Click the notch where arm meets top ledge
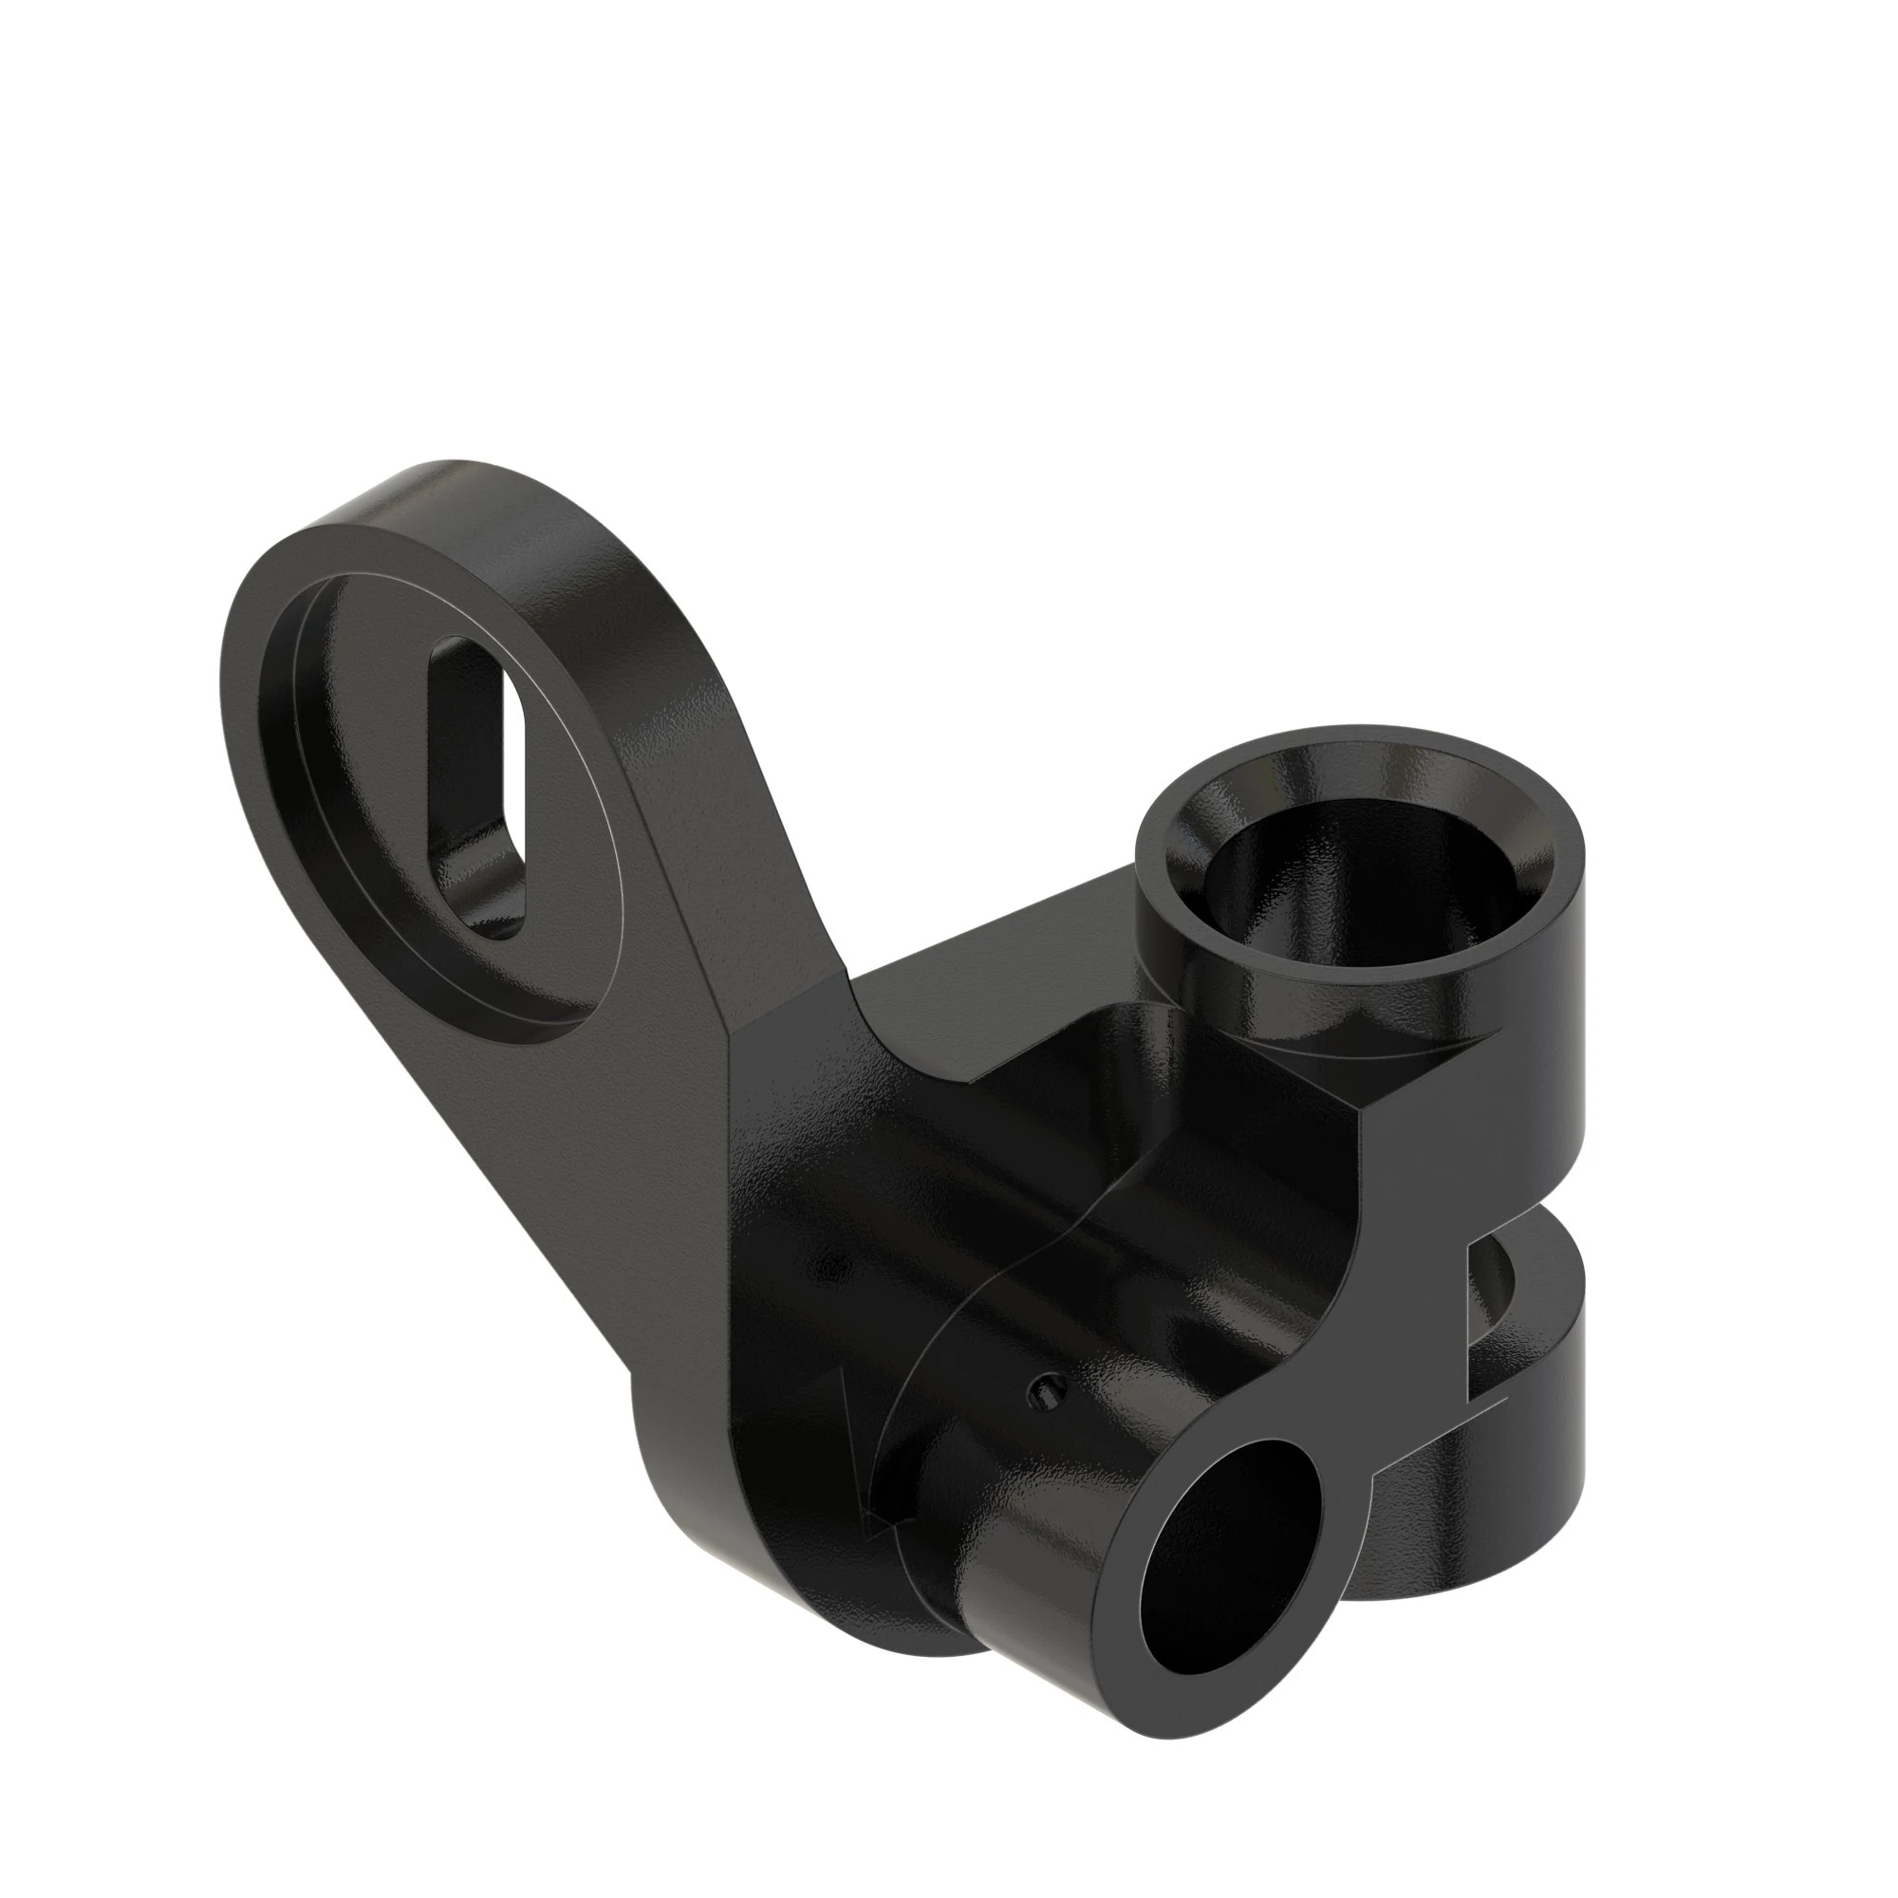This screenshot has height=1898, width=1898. pyautogui.click(x=845, y=982)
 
